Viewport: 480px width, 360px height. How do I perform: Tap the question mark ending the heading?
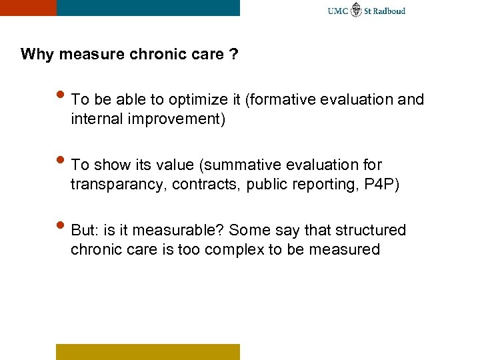pyautogui.click(x=233, y=54)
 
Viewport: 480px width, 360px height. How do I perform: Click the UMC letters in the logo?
pyautogui.click(x=338, y=11)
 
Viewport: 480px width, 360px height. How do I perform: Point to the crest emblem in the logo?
pyautogui.click(x=357, y=10)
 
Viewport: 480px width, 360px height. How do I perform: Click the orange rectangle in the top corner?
pyautogui.click(x=27, y=7)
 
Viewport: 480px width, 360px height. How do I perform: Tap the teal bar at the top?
pyautogui.click(x=148, y=7)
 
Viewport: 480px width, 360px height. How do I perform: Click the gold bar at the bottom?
pyautogui.click(x=147, y=351)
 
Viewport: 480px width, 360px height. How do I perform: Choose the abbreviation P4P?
pyautogui.click(x=381, y=185)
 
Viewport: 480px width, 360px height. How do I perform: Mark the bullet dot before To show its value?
pyautogui.click(x=61, y=162)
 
